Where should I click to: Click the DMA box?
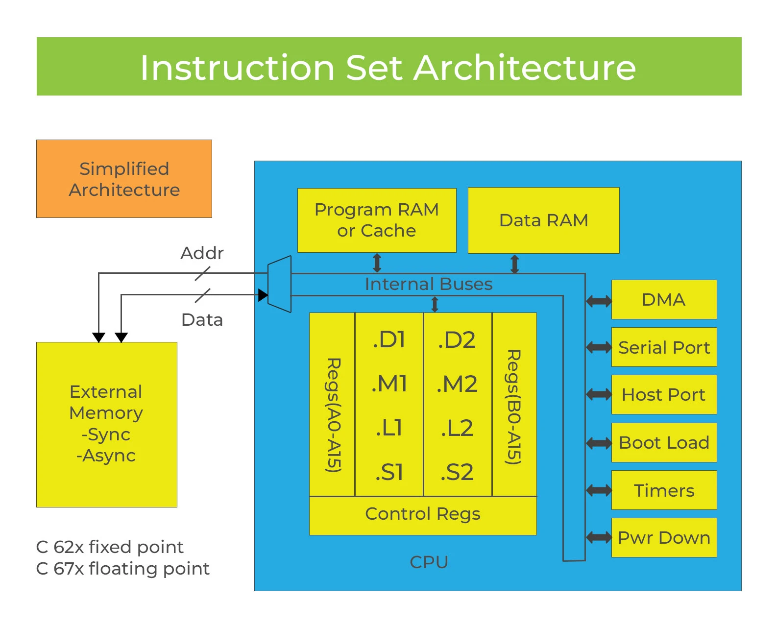(664, 299)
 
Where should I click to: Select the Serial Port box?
(664, 347)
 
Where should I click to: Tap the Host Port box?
(664, 394)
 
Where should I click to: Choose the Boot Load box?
(664, 442)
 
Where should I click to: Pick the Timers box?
(664, 490)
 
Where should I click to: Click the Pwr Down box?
(664, 537)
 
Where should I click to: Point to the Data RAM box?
(543, 220)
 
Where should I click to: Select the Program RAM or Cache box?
(376, 220)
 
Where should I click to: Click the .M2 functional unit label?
(457, 384)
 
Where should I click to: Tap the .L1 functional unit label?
(389, 428)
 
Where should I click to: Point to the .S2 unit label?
(457, 472)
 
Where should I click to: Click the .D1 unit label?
(389, 340)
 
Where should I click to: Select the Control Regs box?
(422, 514)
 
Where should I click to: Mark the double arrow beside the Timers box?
(599, 490)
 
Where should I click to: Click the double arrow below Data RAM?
(514, 264)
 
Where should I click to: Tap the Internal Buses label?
(428, 284)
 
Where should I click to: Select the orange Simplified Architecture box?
(124, 179)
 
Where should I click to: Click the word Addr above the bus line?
(202, 253)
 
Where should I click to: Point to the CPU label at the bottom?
(429, 562)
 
